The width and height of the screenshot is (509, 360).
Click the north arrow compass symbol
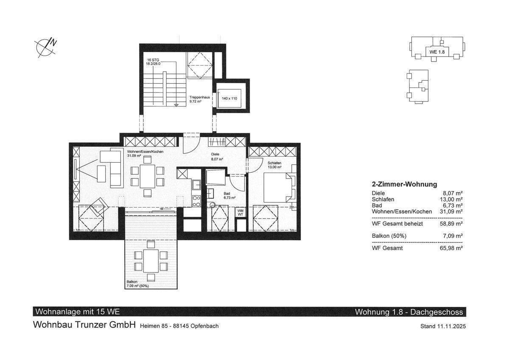pyautogui.click(x=45, y=48)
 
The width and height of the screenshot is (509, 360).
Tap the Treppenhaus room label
pyautogui.click(x=199, y=97)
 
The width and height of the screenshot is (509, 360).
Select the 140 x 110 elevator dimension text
pyautogui.click(x=229, y=98)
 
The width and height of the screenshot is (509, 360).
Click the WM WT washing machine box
pyautogui.click(x=240, y=213)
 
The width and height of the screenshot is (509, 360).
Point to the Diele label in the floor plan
pyautogui.click(x=215, y=154)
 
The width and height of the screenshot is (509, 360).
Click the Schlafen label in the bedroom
pyautogui.click(x=274, y=163)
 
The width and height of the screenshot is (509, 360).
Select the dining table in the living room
pyautogui.click(x=148, y=177)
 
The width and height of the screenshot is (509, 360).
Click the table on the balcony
pyautogui.click(x=151, y=261)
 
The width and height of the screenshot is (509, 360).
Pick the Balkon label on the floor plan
pyautogui.click(x=132, y=282)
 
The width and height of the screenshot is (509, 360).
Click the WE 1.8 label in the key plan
pyautogui.click(x=437, y=52)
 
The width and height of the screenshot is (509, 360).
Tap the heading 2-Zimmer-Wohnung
pyautogui.click(x=404, y=184)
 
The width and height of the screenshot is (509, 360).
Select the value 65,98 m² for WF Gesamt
pyautogui.click(x=451, y=248)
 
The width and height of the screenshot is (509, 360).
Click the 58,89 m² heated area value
pyautogui.click(x=451, y=224)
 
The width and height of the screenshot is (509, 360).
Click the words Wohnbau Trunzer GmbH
pyautogui.click(x=84, y=325)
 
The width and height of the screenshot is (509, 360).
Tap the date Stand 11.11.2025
pyautogui.click(x=443, y=326)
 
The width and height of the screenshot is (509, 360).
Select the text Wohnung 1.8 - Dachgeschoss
pyautogui.click(x=409, y=312)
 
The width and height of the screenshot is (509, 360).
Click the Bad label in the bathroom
pyautogui.click(x=227, y=194)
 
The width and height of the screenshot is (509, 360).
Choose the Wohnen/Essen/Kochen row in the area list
pyautogui.click(x=417, y=212)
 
